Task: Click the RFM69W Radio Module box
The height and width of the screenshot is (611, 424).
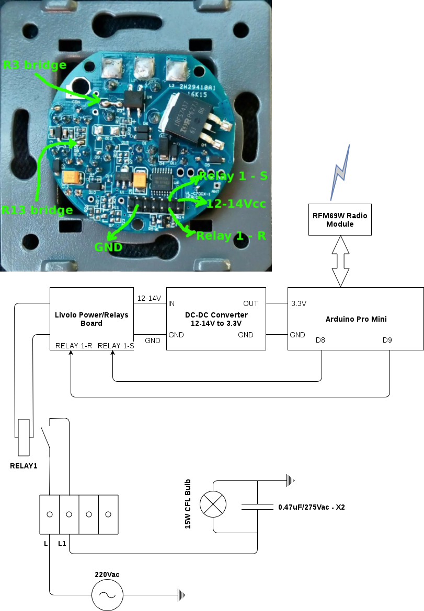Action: click(x=340, y=219)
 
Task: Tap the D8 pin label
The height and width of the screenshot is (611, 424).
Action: click(x=320, y=340)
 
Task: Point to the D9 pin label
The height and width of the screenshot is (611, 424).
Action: click(x=387, y=340)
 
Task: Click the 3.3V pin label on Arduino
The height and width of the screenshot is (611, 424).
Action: click(x=299, y=303)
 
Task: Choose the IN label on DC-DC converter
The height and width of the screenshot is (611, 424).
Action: click(x=172, y=303)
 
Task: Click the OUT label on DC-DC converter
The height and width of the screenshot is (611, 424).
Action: click(x=251, y=303)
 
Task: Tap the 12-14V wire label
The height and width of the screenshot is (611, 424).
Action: click(x=149, y=298)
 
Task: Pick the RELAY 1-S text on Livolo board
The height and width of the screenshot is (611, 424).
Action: click(x=116, y=346)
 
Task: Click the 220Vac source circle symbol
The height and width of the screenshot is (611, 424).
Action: click(x=107, y=595)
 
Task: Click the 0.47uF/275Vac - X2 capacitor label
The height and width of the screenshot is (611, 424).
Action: click(x=312, y=507)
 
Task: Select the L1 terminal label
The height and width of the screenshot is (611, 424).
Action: click(x=62, y=544)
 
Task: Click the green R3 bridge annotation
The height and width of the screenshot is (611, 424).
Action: click(x=35, y=65)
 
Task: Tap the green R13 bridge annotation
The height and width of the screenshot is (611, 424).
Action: click(x=37, y=210)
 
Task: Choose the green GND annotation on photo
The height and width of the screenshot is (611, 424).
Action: click(x=108, y=246)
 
